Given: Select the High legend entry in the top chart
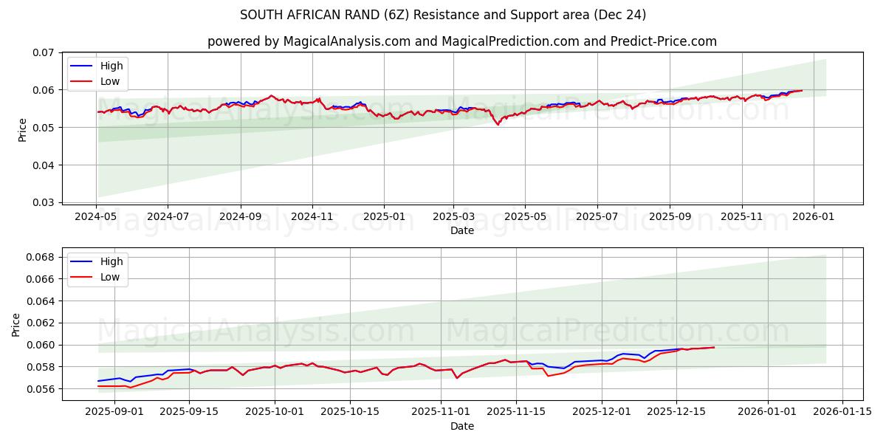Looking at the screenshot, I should pos(111,66).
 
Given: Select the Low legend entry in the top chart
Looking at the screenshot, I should pos(110,82).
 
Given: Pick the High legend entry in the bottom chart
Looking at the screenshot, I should pos(111,262).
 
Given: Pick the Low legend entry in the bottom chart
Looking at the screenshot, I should pos(110,278).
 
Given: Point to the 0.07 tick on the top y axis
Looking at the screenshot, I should pos(44,53).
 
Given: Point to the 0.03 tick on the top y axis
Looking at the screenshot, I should pos(44,202).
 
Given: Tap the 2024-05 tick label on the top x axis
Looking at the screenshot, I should pos(96,217).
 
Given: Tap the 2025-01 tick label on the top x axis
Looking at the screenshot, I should pos(384,217).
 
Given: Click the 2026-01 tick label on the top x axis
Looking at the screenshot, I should pos(814,217).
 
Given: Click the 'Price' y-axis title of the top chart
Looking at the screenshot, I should pos(22,129).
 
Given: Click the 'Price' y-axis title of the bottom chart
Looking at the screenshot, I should pos(16,324).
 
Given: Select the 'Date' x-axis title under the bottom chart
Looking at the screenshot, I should pos(462,427).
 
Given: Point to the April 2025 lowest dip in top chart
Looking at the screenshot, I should pos(498,125).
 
